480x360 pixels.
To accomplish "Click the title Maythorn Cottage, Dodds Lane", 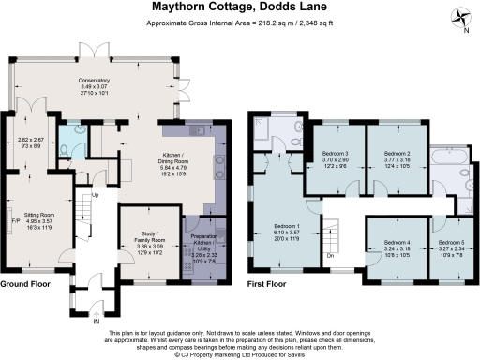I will [x=240, y=7].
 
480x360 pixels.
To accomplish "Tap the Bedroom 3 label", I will [x=335, y=158].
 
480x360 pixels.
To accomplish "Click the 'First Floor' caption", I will [x=266, y=284].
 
